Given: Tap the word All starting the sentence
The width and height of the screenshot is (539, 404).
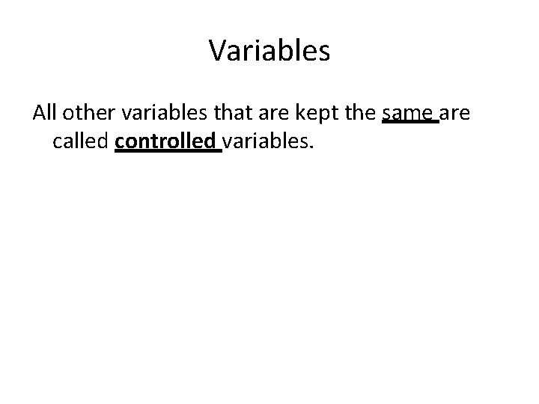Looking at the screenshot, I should tap(45, 113).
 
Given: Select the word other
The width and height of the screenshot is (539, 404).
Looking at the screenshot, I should tap(88, 113).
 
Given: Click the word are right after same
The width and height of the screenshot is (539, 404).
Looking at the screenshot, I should tap(454, 114).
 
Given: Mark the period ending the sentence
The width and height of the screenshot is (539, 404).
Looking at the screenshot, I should tap(308, 147).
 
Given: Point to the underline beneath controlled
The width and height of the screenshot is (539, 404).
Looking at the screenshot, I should tap(168, 151).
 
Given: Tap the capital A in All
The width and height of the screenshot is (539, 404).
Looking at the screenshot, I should tap(38, 113).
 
